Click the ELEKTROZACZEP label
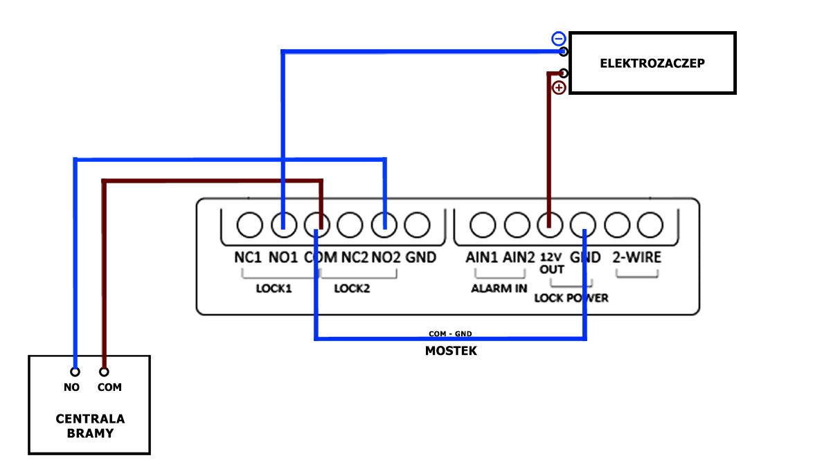click(652, 62)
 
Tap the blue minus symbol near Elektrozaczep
click(558, 39)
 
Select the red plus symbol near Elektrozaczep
click(559, 87)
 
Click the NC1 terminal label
click(248, 257)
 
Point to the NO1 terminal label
click(283, 257)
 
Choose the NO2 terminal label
click(386, 257)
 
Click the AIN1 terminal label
click(482, 257)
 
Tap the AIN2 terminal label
click(519, 257)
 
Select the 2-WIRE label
click(636, 257)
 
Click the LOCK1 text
click(274, 289)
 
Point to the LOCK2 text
click(352, 289)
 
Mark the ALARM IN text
click(499, 289)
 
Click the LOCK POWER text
click(571, 298)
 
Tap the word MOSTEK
click(451, 351)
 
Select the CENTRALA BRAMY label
click(90, 426)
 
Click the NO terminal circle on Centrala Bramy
click(75, 372)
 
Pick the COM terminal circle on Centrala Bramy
click(104, 372)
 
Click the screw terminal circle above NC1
click(249, 223)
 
